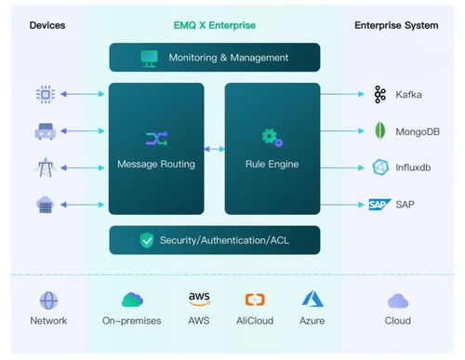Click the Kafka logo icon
tap(380, 94)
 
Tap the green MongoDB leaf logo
tap(380, 131)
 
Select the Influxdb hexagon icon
tap(380, 167)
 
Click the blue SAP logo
tap(380, 205)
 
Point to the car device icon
tap(46, 131)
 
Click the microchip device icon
tap(46, 94)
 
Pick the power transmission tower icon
tap(46, 167)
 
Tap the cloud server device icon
tap(46, 205)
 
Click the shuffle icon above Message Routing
tap(156, 139)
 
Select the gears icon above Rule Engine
tap(272, 138)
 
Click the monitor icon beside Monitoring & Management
tap(150, 59)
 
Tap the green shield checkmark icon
tap(147, 240)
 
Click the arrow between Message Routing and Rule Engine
tap(214, 149)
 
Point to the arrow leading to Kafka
tap(342, 94)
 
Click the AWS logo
tap(199, 299)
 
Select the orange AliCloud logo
tap(255, 300)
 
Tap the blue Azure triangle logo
tap(312, 299)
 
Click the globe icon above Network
tap(48, 300)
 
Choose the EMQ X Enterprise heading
tap(215, 25)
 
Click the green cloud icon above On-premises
tap(132, 300)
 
